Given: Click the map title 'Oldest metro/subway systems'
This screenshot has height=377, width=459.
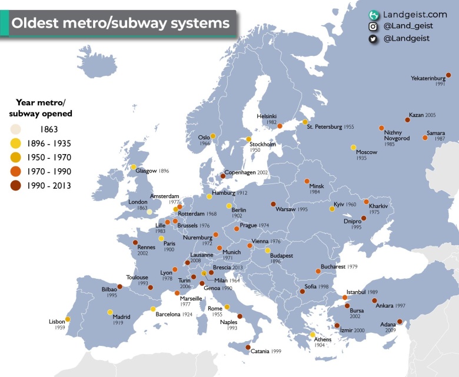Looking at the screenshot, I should click(121, 24).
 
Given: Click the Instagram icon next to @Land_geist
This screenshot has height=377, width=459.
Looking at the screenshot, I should click(372, 26).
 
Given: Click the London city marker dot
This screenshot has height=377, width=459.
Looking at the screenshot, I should click(149, 212).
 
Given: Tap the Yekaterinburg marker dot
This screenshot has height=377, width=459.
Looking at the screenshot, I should click(448, 75).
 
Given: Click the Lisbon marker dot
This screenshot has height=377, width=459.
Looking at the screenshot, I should click(68, 319).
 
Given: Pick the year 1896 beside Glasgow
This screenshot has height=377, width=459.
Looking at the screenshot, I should click(164, 171).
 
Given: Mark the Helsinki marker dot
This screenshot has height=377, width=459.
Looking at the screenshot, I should click(280, 126).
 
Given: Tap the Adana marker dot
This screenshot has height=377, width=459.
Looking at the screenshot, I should click(400, 322).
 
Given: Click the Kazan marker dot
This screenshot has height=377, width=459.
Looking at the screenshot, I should click(407, 119).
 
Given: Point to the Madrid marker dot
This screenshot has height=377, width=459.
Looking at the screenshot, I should click(110, 312).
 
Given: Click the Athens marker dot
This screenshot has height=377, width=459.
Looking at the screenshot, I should click(312, 335).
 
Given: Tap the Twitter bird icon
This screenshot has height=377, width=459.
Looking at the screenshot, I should click(372, 39).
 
